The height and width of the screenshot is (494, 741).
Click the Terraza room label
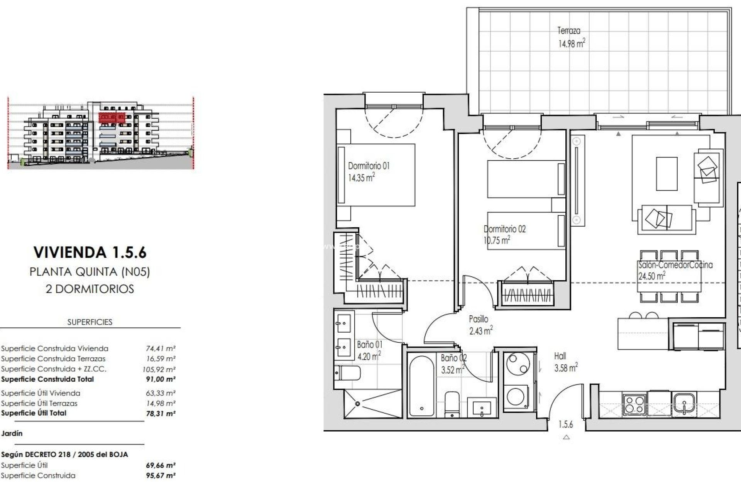coord(568,30)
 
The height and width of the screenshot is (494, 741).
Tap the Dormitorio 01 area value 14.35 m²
coord(361,178)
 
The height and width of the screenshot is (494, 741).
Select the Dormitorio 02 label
coord(504,229)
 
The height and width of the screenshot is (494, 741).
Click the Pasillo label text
coord(478,319)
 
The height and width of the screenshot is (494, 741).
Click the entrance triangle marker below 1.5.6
coord(566,437)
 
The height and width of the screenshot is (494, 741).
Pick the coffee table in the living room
coord(667,174)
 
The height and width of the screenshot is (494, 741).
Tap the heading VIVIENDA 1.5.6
coord(90,252)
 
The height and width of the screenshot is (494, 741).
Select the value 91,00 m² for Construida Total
coord(160,379)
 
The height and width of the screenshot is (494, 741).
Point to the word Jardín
coord(12,433)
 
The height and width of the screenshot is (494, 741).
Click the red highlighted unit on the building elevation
coord(112,117)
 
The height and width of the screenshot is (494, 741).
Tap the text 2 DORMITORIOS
coord(90,289)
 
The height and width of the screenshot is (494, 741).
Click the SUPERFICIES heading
coord(90,322)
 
